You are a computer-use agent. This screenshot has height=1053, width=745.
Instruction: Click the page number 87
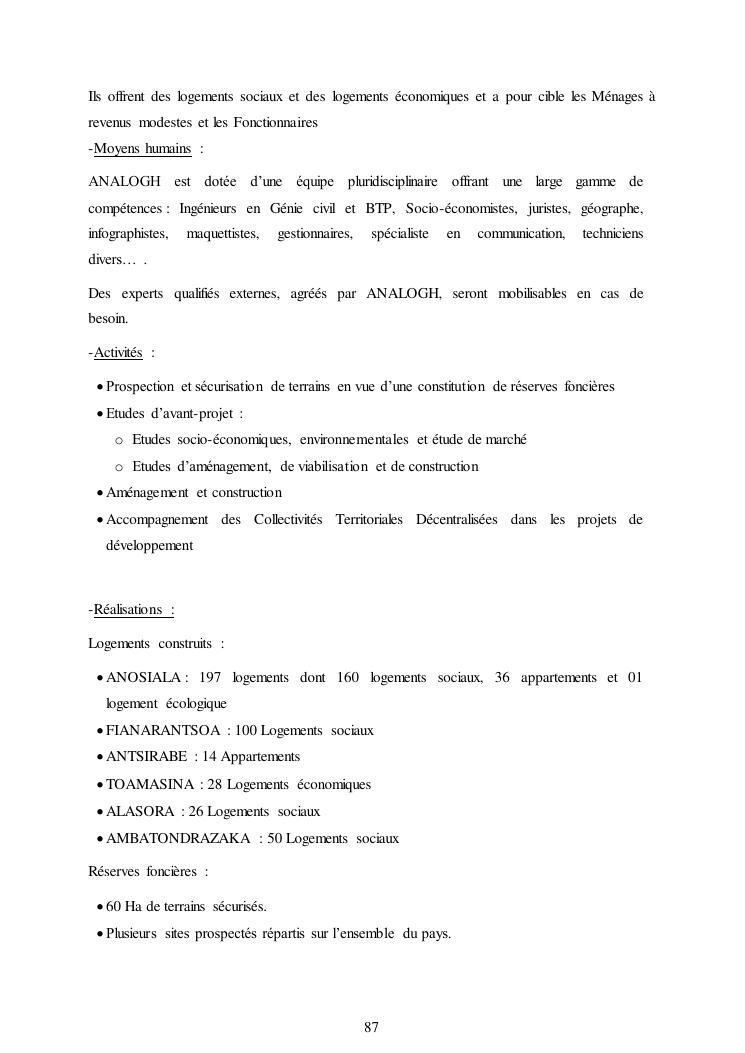[x=371, y=1027]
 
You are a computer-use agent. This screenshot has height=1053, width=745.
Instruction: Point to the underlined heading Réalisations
[x=128, y=610]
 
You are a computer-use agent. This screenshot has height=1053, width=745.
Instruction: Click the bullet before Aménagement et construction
[x=99, y=493]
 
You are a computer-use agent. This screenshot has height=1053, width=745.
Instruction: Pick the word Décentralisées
[x=456, y=519]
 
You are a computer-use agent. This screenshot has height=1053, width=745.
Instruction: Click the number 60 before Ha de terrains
[x=114, y=907]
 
